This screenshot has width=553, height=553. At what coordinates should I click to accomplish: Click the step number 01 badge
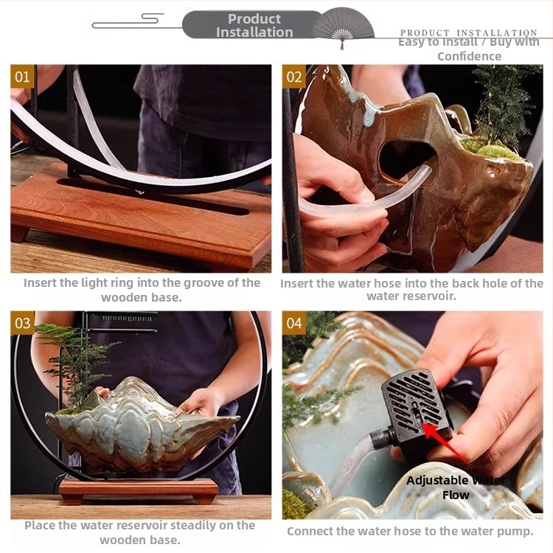(x=22, y=76)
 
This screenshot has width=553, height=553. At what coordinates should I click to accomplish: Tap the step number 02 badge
(x=293, y=76)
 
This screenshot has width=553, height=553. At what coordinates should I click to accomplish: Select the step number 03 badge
(x=22, y=323)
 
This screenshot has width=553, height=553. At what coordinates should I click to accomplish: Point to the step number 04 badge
(x=293, y=323)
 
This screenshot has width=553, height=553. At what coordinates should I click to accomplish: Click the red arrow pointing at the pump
(x=445, y=443)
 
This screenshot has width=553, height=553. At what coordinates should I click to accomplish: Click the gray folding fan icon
(x=341, y=27)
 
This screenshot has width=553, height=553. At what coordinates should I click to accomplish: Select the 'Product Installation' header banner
(x=254, y=25)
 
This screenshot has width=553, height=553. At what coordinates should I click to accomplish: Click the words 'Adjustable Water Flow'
(x=456, y=487)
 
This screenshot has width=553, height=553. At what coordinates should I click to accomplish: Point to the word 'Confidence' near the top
(x=469, y=57)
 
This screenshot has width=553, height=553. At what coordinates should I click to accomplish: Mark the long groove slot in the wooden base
(x=153, y=196)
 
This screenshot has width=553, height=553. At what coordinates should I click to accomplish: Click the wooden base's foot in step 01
(x=19, y=233)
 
